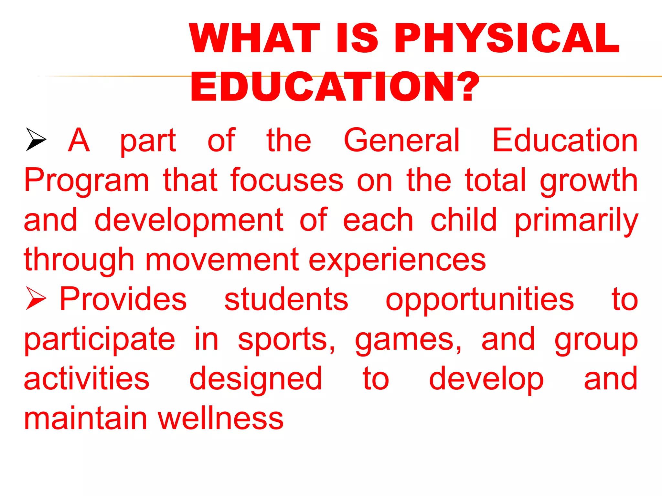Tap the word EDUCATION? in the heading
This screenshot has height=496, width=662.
pyautogui.click(x=335, y=87)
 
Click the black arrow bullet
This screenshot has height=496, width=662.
pyautogui.click(x=36, y=139)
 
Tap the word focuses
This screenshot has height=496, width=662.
pyautogui.click(x=287, y=180)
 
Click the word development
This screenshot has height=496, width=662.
pyautogui.click(x=189, y=221)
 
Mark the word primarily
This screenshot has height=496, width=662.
pyautogui.click(x=576, y=221)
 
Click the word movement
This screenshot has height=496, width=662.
pyautogui.click(x=222, y=260)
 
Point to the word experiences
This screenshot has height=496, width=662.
pyautogui.click(x=397, y=260)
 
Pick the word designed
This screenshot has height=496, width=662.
pyautogui.click(x=256, y=379)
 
